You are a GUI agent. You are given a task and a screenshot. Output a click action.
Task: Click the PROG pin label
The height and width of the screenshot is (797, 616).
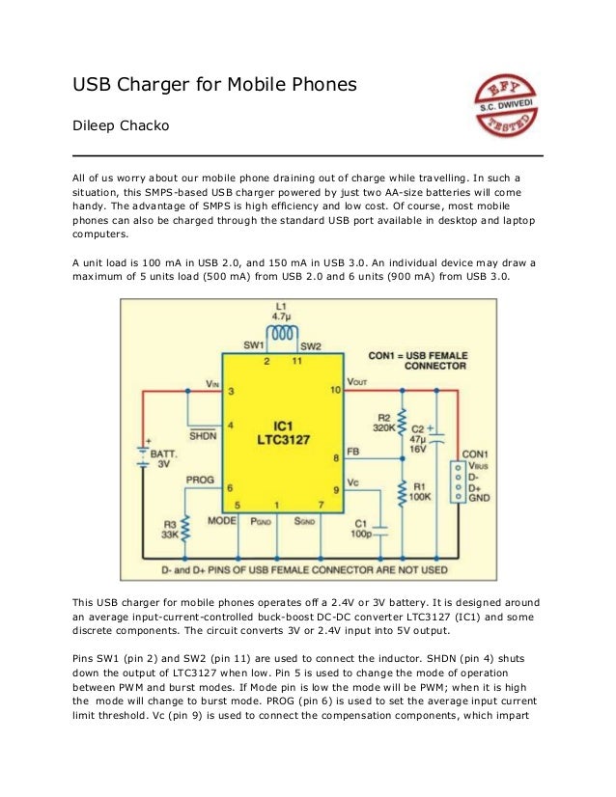click(200, 479)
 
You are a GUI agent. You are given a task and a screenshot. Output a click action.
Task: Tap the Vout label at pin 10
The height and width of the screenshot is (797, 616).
click(357, 382)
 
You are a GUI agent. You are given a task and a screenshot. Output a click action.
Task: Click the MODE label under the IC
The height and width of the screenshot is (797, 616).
click(221, 519)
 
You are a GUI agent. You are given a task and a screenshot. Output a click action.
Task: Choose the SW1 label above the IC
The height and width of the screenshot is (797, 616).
click(255, 345)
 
